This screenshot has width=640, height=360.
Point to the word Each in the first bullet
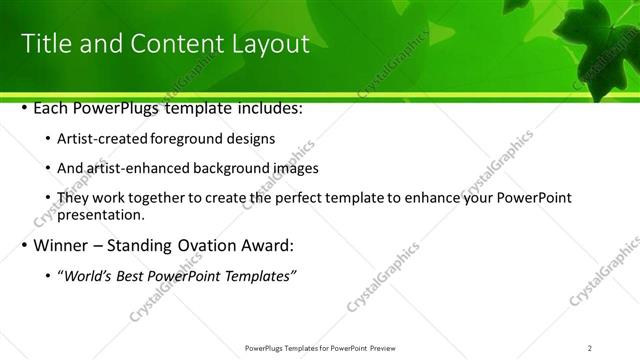53,107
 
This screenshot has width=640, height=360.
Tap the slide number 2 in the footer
590,348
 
